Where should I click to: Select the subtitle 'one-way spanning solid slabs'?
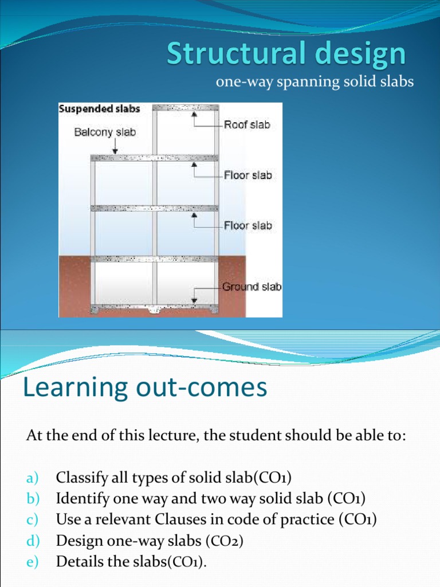click(314, 83)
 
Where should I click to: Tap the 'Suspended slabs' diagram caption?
click(100, 108)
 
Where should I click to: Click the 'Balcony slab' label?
click(105, 132)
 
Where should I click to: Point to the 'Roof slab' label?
click(247, 124)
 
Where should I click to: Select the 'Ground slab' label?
click(252, 286)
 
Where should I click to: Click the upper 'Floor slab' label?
click(247, 175)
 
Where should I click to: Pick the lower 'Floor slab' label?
click(247, 225)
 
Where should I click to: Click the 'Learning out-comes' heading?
click(145, 388)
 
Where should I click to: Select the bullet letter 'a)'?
click(32, 478)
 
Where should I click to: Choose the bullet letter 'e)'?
click(32, 562)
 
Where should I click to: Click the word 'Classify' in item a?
click(76, 478)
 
